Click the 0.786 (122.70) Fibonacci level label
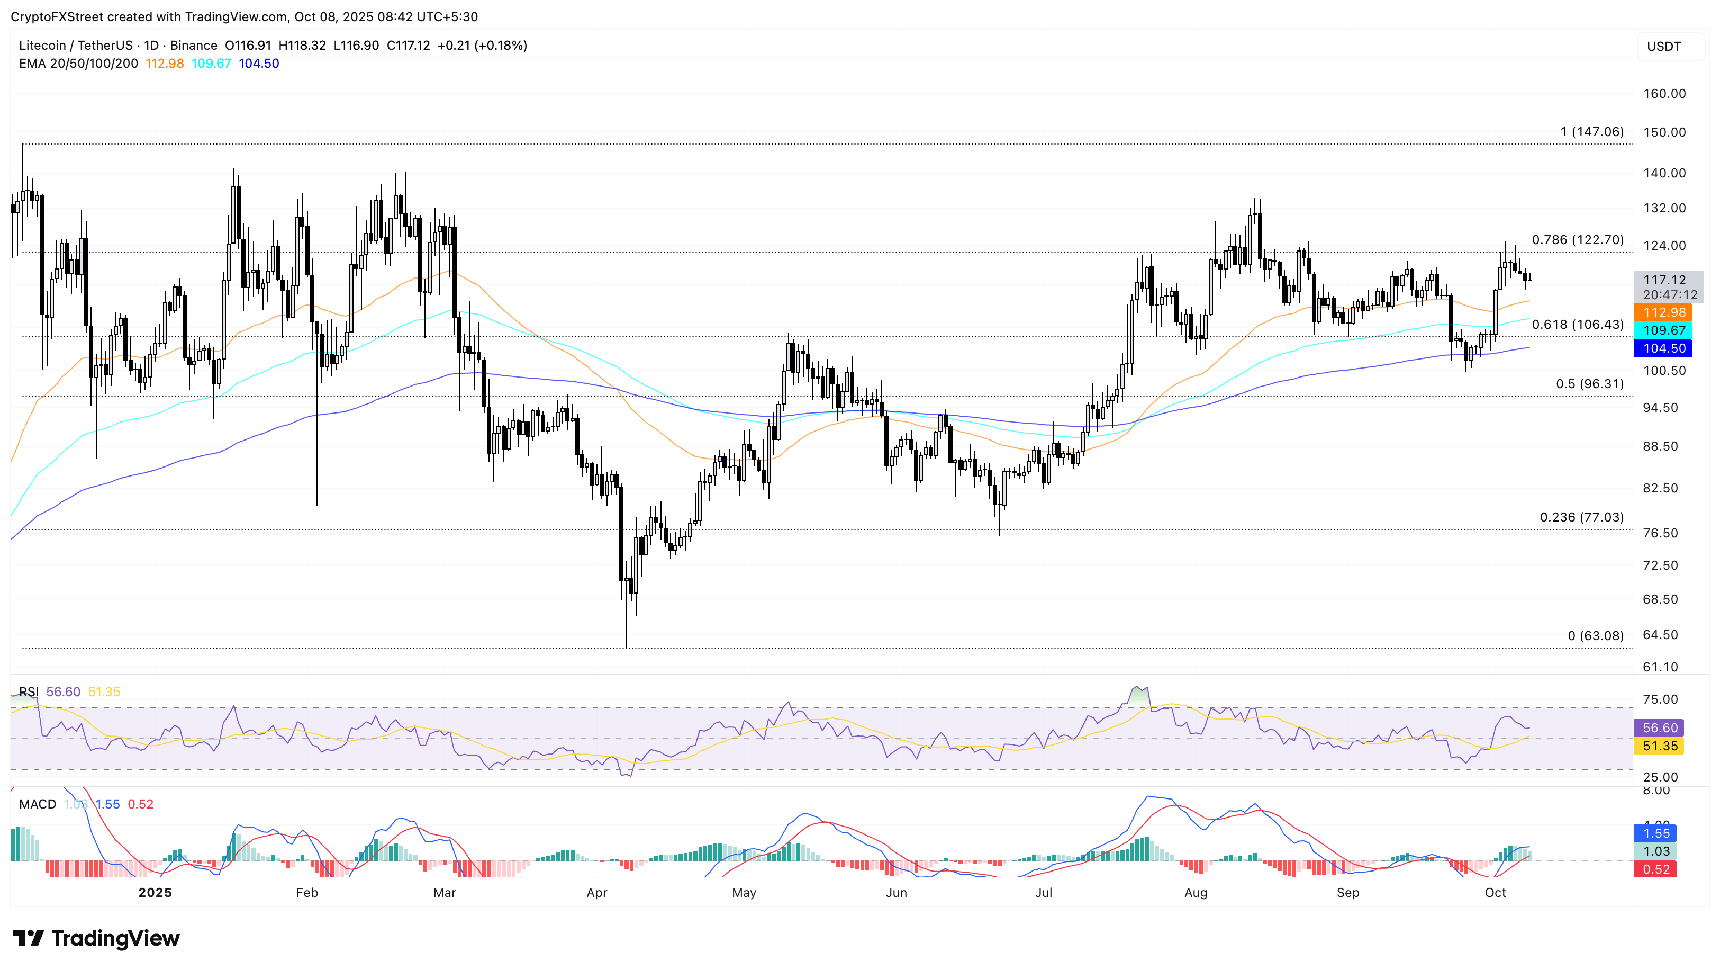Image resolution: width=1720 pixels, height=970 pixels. pos(1577,240)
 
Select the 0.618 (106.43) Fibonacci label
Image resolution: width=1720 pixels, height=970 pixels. pos(1577,325)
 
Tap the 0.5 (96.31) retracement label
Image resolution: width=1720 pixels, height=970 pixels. pos(1589,383)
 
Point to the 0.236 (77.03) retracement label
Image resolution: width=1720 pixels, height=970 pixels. pos(1581,517)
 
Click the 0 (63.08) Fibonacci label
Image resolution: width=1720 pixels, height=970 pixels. pos(1595,635)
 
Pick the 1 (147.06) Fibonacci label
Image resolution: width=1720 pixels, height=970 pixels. pos(1591,132)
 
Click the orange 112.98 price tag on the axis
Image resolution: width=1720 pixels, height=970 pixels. pos(1663,312)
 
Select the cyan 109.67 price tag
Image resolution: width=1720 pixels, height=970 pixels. pos(1663,330)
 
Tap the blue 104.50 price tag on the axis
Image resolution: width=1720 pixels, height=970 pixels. pos(1663,348)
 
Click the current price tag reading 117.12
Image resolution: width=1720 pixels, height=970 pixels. pos(1664,280)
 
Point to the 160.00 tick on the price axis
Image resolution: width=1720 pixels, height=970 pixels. pos(1664,94)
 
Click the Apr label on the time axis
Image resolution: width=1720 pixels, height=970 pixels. pos(596,893)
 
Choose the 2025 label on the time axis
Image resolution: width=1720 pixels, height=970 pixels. pos(155,893)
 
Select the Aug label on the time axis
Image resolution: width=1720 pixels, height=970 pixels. pos(1195,893)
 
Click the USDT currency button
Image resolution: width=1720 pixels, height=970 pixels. pos(1663,46)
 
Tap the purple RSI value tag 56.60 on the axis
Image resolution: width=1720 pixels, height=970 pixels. pos(1659,728)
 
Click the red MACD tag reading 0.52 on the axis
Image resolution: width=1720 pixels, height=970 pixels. pos(1656,869)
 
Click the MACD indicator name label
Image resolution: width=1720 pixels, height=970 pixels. pos(38,804)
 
